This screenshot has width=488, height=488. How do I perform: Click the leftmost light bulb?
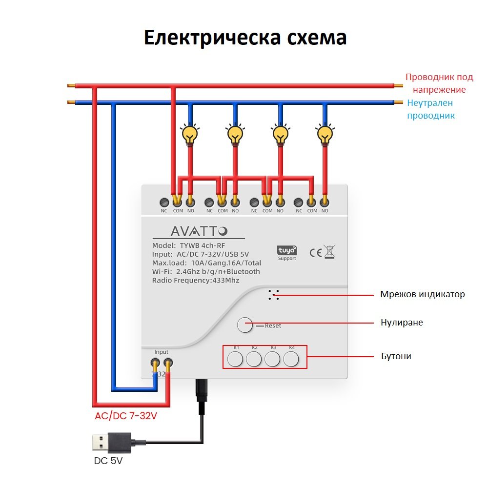(x=190, y=135)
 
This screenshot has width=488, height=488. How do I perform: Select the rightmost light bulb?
(x=325, y=135)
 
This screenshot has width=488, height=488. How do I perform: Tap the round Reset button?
(x=244, y=325)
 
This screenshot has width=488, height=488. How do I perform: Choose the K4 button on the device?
(x=291, y=359)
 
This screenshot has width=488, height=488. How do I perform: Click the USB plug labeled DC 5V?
(x=112, y=443)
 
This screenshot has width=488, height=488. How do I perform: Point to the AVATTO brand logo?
(x=199, y=231)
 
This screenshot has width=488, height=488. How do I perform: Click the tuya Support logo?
(x=286, y=253)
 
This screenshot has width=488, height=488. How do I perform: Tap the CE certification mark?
(x=315, y=253)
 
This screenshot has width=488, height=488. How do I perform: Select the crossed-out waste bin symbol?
(x=329, y=252)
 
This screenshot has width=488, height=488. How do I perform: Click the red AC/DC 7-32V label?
(x=126, y=416)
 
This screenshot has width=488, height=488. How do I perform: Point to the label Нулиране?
(x=402, y=323)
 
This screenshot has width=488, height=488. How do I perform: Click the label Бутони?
(x=396, y=356)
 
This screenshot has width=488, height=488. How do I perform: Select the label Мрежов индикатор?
(x=422, y=294)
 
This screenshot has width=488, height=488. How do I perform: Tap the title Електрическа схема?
(x=245, y=38)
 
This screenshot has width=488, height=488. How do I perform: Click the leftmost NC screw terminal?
(x=164, y=203)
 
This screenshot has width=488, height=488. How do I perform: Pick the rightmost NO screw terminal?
(x=325, y=203)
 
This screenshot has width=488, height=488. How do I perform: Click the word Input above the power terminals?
(x=161, y=352)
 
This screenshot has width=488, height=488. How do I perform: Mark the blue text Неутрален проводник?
(x=431, y=109)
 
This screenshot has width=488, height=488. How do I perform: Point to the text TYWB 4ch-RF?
(x=203, y=245)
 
